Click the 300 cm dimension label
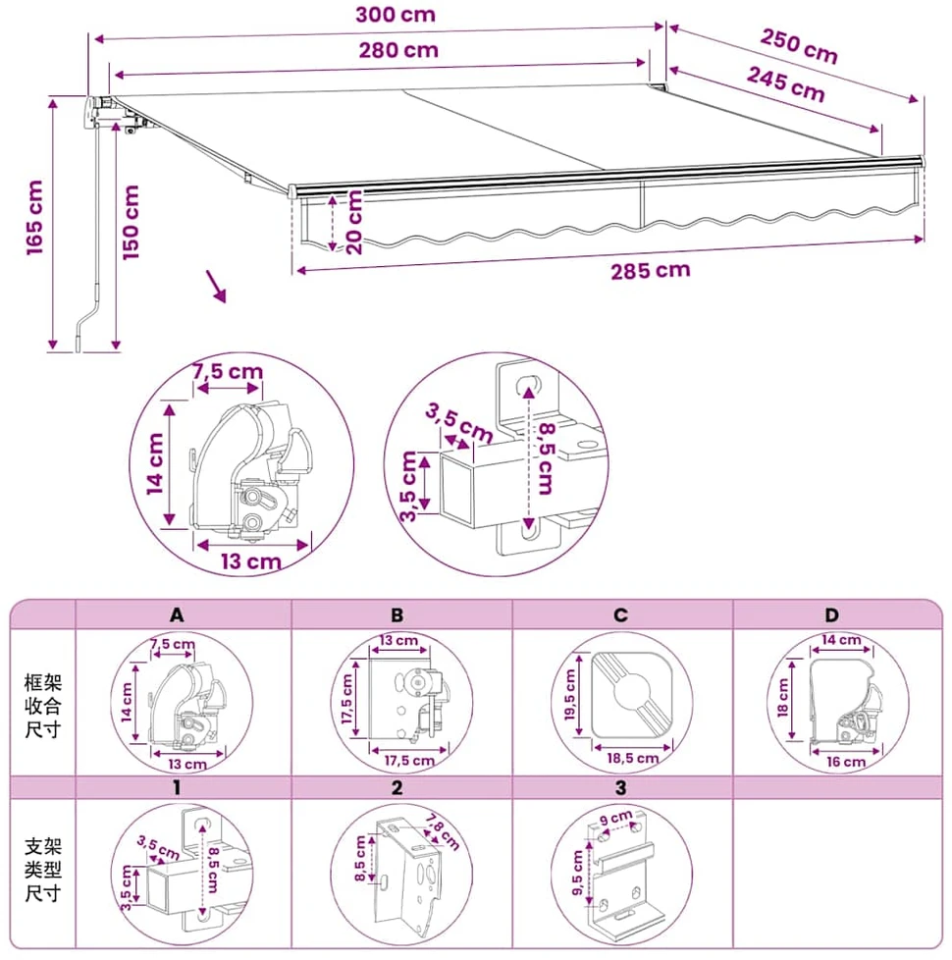click(x=396, y=15)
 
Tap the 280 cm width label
click(x=398, y=50)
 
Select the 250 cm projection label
click(x=799, y=46)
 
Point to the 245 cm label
click(x=786, y=84)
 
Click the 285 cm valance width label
click(x=650, y=271)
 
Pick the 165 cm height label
click(x=35, y=217)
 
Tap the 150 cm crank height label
click(x=131, y=223)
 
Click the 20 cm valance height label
click(x=354, y=222)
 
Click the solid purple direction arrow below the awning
click(x=216, y=287)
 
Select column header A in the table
click(x=177, y=614)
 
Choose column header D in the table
click(x=831, y=614)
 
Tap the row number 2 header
click(x=397, y=787)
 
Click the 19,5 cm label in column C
click(x=570, y=694)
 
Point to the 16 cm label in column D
click(x=846, y=763)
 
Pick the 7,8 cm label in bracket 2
click(x=442, y=832)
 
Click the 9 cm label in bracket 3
click(x=616, y=818)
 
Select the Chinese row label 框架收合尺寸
click(x=43, y=706)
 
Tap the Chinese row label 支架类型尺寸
click(x=43, y=870)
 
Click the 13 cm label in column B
click(x=398, y=640)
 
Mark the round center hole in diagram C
click(x=631, y=692)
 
